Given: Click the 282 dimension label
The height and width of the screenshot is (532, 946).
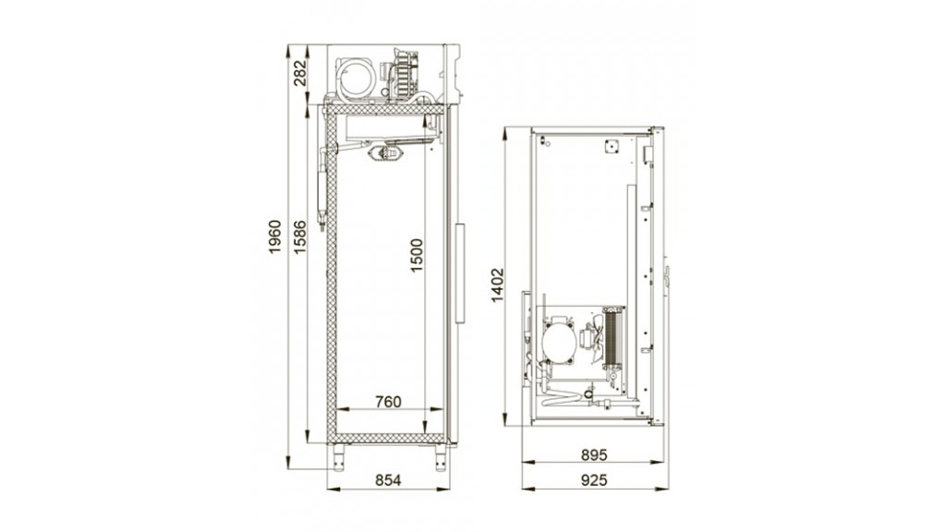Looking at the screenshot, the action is pos(300,73).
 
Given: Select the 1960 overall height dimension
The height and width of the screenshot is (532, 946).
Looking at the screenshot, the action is pos(274,237).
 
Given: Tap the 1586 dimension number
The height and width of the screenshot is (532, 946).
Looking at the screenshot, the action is pos(300,237).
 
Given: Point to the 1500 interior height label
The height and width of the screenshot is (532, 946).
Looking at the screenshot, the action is pos(417,256).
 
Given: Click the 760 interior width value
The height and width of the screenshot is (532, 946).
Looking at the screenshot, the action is pos(388,402).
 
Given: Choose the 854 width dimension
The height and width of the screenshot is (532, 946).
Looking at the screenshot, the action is pos(388,480).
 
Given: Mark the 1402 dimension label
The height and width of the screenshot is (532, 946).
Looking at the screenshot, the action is pos(497,284).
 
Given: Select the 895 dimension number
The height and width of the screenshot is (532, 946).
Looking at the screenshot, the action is pos(594,454).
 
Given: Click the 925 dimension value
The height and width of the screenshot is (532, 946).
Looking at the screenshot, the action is pos(594,480).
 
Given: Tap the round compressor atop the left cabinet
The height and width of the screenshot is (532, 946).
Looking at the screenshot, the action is pos(357,79).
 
